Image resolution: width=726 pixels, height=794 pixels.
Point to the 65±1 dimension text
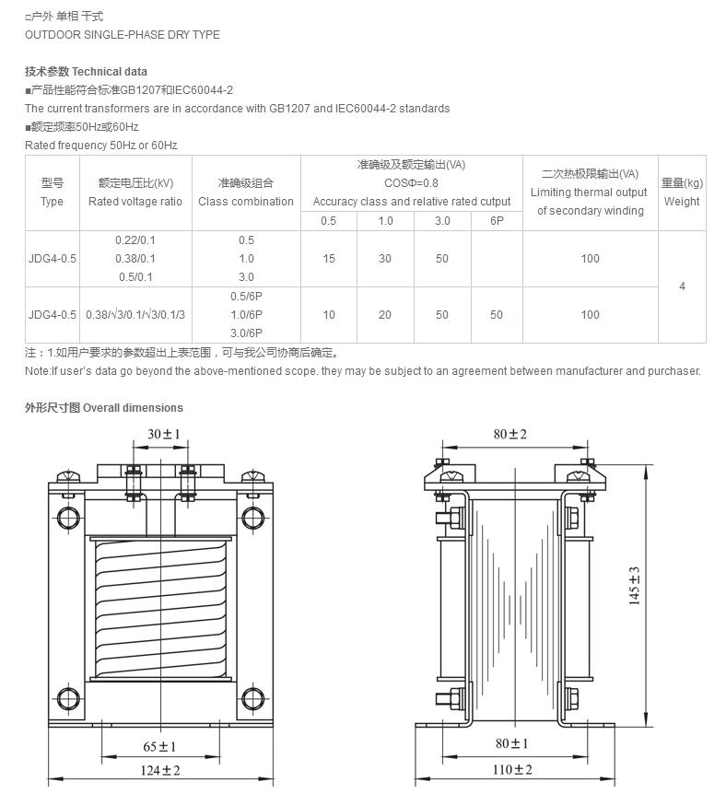click(x=159, y=746)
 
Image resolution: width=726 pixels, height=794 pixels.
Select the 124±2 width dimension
click(x=160, y=770)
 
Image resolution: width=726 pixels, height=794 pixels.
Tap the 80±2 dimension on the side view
click(x=510, y=434)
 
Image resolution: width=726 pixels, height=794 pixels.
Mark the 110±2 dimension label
click(x=513, y=770)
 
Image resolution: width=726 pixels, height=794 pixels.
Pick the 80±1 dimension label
click(x=512, y=743)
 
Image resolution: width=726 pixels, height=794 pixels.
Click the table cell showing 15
click(x=329, y=259)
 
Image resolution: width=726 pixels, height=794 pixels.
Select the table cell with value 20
click(x=385, y=315)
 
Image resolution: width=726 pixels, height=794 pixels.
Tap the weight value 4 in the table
click(x=682, y=286)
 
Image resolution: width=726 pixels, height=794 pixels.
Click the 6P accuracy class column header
click(x=497, y=221)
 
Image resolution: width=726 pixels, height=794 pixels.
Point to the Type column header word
click(x=52, y=202)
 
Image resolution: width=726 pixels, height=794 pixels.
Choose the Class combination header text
click(x=246, y=202)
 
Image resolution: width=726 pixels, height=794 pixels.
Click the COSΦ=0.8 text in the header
click(x=411, y=183)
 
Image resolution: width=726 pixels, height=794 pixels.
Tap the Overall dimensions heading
click(x=133, y=408)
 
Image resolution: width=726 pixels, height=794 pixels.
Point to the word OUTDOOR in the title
click(x=55, y=35)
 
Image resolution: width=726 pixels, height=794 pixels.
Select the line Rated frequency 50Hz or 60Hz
click(x=101, y=146)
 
